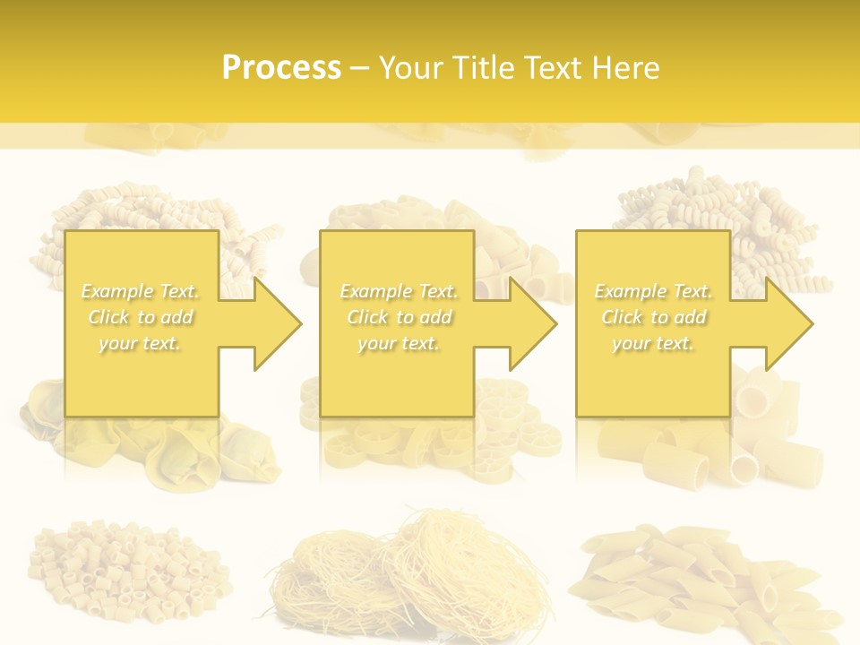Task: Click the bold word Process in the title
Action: point(281,68)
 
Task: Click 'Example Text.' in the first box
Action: point(141,291)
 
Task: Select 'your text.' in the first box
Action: point(141,343)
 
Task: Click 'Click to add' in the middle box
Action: point(399,317)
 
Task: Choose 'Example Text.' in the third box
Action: point(653,291)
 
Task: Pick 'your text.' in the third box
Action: point(653,343)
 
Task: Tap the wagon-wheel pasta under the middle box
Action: point(430,439)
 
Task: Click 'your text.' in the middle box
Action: point(399,343)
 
